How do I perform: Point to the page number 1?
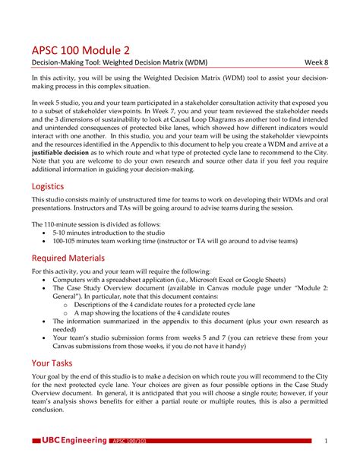click(325, 441)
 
